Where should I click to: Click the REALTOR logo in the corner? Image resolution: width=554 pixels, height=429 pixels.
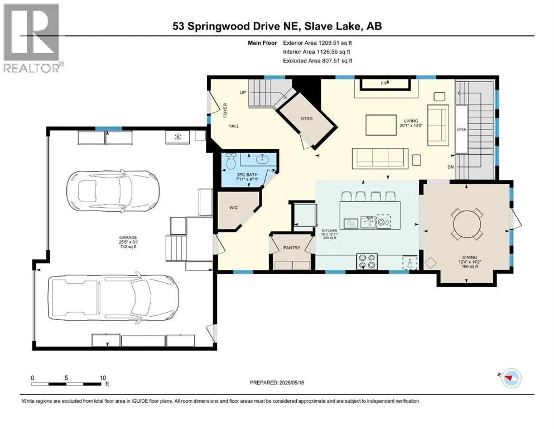point(33,38)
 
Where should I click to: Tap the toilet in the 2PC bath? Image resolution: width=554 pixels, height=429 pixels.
point(232,161)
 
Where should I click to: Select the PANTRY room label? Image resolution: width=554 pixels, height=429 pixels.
point(291,248)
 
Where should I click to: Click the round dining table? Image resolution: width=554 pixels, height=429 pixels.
point(467,224)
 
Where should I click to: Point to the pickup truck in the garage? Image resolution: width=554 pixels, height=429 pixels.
point(113,298)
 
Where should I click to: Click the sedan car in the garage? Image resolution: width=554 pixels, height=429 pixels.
point(113,191)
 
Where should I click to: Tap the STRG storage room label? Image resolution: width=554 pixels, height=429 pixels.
point(307,119)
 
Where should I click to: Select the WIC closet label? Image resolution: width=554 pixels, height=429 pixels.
point(234,208)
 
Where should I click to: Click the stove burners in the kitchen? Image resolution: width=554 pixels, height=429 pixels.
point(367,261)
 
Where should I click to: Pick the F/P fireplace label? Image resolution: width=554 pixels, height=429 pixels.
point(384,83)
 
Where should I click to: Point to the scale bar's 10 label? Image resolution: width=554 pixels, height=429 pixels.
point(103,378)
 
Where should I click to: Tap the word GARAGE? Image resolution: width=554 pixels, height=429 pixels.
point(128,237)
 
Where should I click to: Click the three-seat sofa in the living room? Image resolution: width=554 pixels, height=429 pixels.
point(380,159)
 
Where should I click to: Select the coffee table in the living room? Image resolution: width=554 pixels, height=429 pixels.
point(381,125)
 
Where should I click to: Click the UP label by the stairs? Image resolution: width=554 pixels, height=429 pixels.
point(243,93)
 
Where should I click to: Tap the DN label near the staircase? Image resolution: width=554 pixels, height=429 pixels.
point(450,167)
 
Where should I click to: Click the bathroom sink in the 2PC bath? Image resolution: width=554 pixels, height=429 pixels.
point(262,159)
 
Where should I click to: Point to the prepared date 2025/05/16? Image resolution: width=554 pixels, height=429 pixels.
point(291,383)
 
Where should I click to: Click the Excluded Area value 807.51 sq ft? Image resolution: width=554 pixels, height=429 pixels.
point(337,61)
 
